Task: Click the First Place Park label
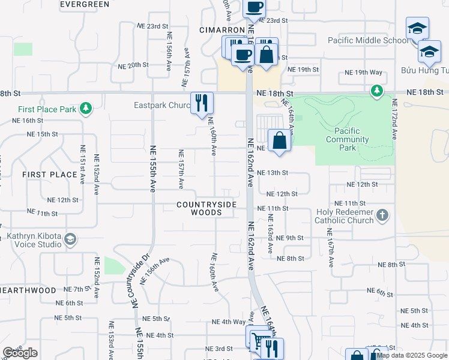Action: pos(47,109)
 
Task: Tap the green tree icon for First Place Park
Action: pos(86,107)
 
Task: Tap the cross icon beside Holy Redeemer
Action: pos(382,215)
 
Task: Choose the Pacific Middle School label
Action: pos(368,40)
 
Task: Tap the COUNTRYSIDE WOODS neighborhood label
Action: pos(206,208)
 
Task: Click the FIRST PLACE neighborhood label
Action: pos(50,175)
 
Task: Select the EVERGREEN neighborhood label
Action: pos(85,4)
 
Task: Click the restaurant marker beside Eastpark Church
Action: pos(202,103)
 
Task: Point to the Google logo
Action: pos(20,353)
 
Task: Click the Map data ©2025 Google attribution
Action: pos(412,355)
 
